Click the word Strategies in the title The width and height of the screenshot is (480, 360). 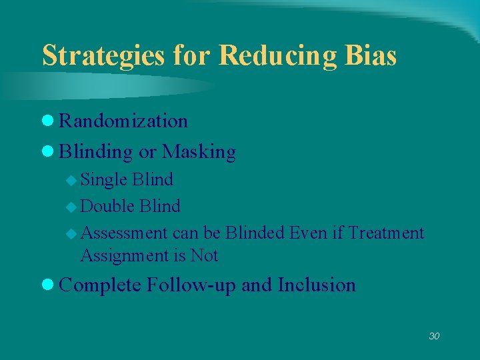pyautogui.click(x=103, y=56)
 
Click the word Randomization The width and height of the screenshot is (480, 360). pyautogui.click(x=123, y=121)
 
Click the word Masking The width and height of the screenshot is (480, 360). pyautogui.click(x=199, y=152)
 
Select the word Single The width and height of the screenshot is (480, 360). pyautogui.click(x=105, y=179)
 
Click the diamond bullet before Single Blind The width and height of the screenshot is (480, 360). pyautogui.click(x=73, y=180)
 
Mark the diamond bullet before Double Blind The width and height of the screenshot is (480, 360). pyautogui.click(x=73, y=207)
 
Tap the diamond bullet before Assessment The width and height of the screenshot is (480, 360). pyautogui.click(x=73, y=233)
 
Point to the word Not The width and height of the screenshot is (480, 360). pyautogui.click(x=204, y=255)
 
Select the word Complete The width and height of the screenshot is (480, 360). pyautogui.click(x=100, y=285)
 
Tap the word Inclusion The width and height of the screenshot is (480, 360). pyautogui.click(x=317, y=285)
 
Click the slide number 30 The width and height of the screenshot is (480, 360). pyautogui.click(x=434, y=336)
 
